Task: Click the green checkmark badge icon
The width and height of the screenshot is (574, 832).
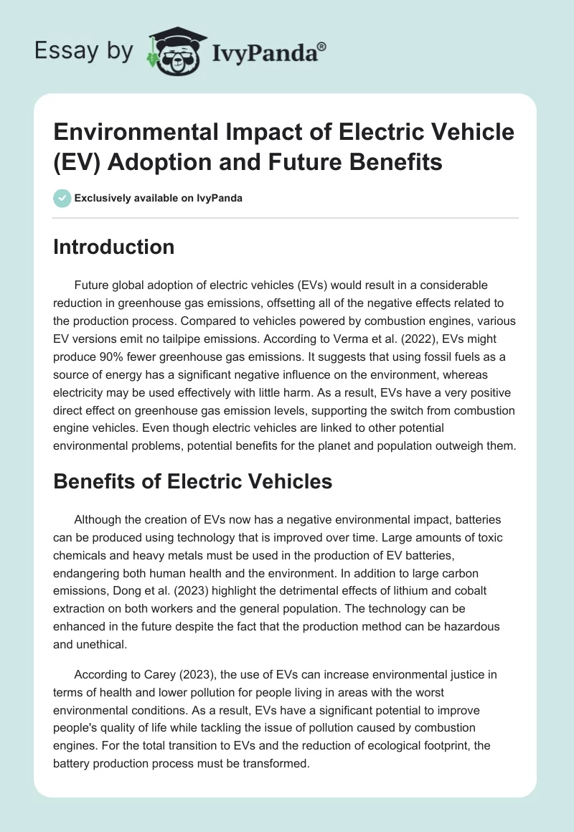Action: pyautogui.click(x=62, y=199)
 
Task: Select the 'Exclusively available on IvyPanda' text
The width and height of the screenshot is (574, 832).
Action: pyautogui.click(x=158, y=199)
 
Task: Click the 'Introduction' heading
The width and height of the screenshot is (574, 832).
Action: pyautogui.click(x=114, y=247)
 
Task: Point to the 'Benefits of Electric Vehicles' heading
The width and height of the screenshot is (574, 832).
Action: pyautogui.click(x=193, y=481)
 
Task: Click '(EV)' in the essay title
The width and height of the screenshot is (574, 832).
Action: pyautogui.click(x=79, y=162)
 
